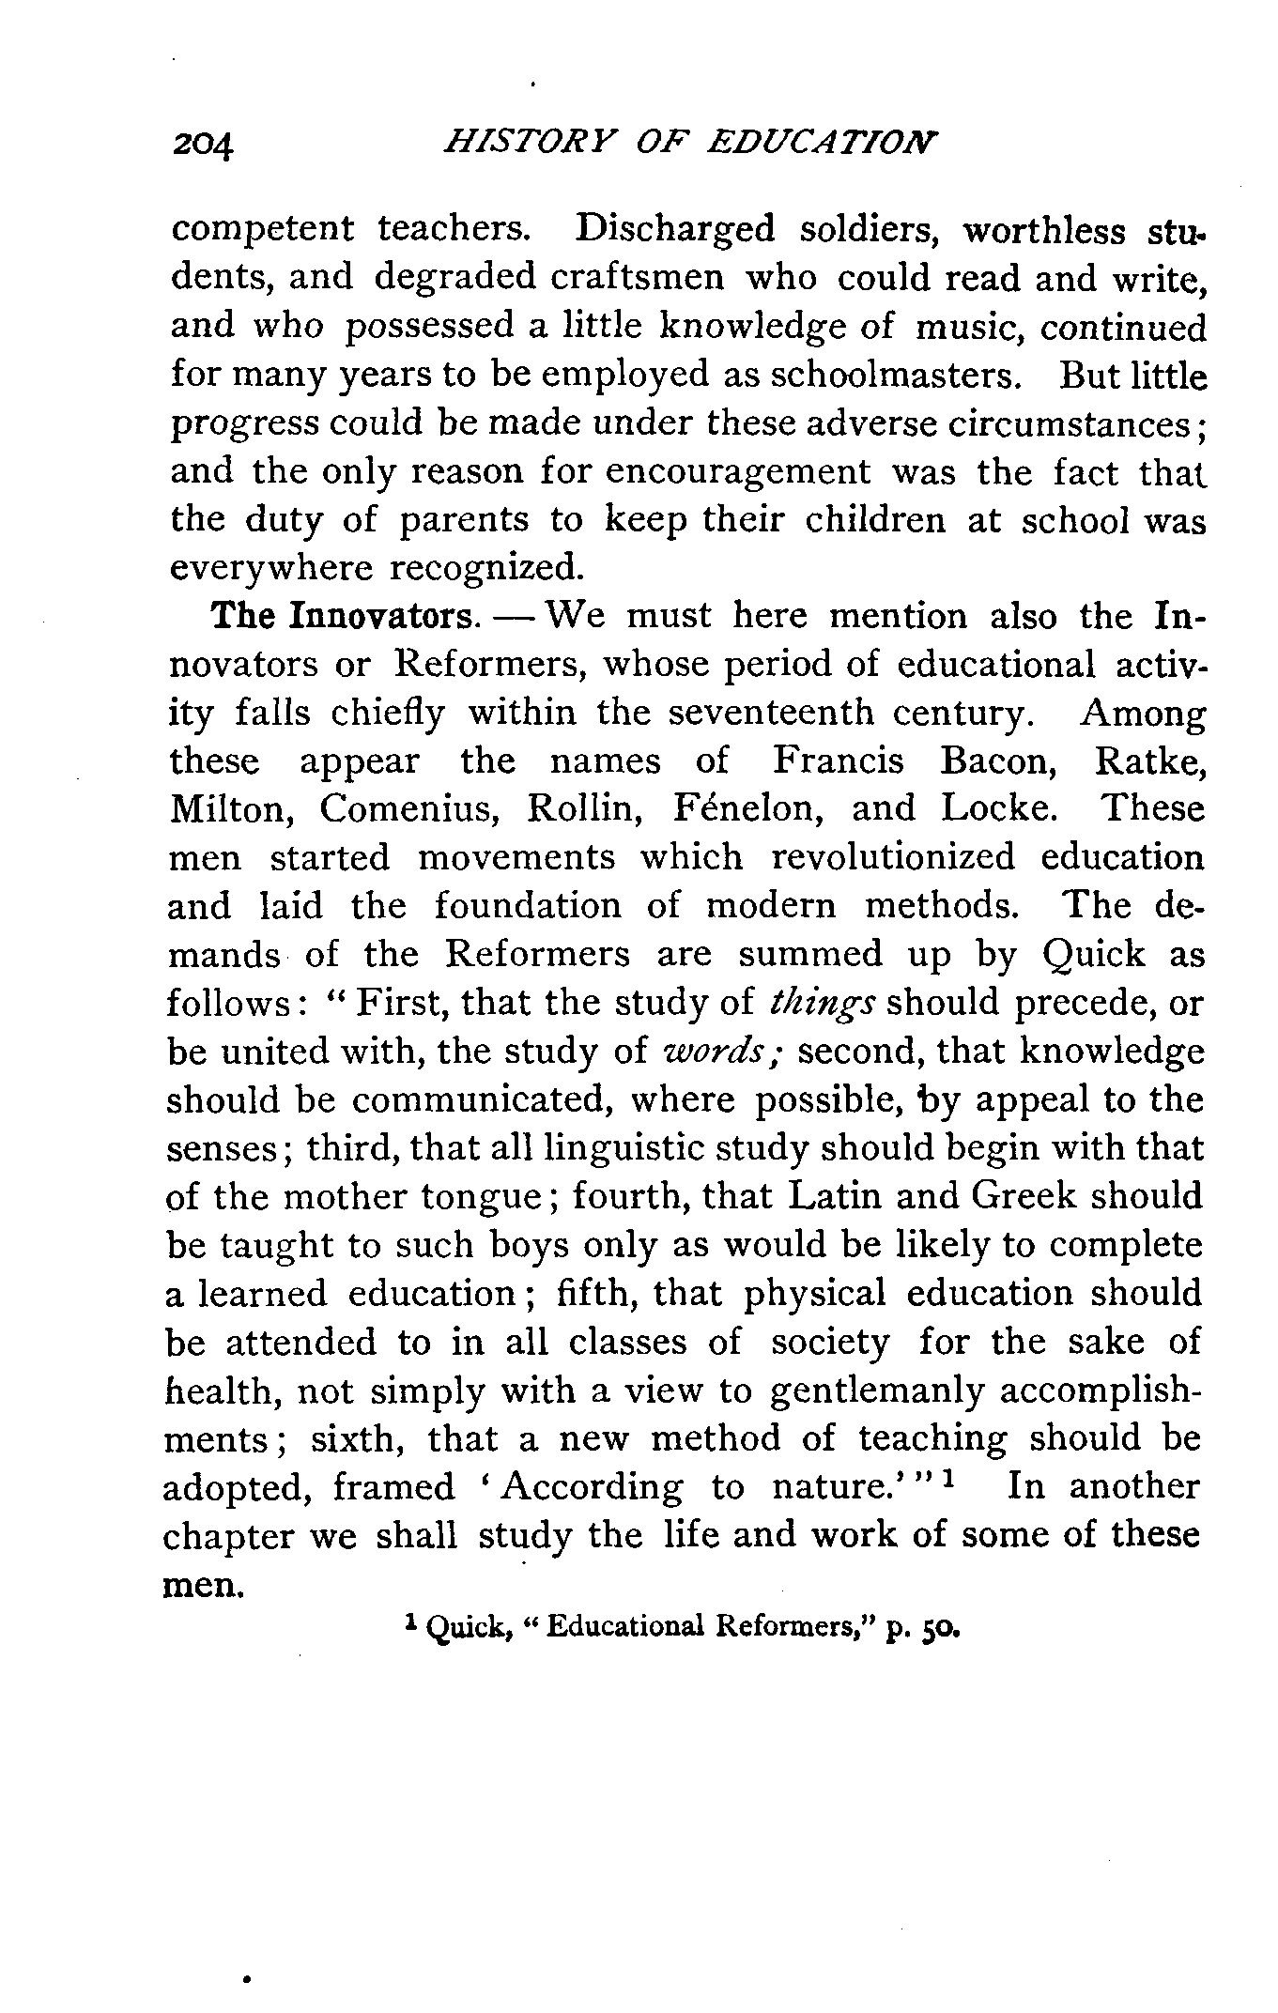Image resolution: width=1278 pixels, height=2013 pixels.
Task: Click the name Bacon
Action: [999, 761]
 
